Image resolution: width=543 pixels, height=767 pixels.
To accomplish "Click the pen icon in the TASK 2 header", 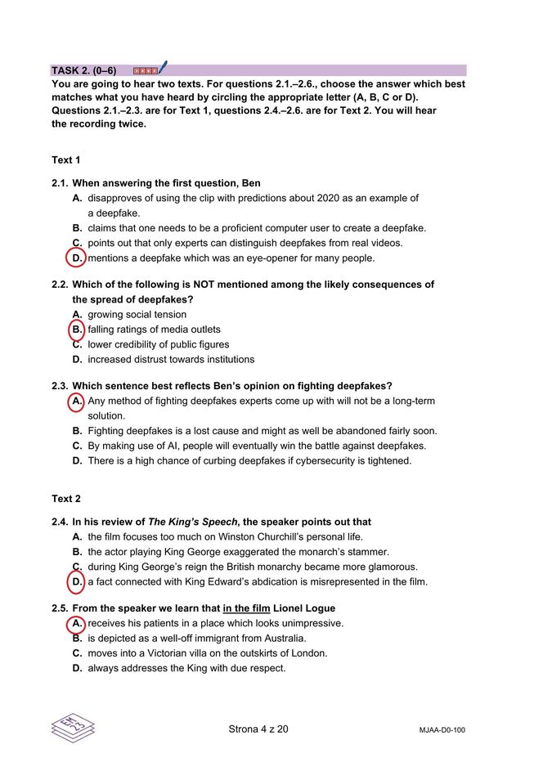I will pyautogui.click(x=163, y=67).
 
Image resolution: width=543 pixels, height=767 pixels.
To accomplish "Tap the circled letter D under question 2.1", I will pyautogui.click(x=76, y=258).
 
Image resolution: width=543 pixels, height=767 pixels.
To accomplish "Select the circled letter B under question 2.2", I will pyautogui.click(x=76, y=330).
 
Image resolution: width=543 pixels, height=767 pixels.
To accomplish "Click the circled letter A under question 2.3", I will pyautogui.click(x=76, y=401).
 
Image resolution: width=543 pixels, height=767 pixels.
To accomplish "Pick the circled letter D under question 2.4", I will pyautogui.click(x=76, y=582).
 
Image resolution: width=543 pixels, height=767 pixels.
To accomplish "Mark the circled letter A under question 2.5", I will pyautogui.click(x=76, y=623).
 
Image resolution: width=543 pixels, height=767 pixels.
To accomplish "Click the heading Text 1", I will pyautogui.click(x=66, y=160).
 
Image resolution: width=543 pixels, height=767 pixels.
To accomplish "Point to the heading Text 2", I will pyautogui.click(x=66, y=499).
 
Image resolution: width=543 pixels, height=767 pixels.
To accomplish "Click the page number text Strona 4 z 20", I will pyautogui.click(x=258, y=729).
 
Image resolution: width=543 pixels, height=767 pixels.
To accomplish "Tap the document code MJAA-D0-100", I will pyautogui.click(x=436, y=730).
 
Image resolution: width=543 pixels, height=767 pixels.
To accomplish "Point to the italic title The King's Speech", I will pyautogui.click(x=192, y=522).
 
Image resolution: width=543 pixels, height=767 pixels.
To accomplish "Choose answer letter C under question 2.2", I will pyautogui.click(x=77, y=344).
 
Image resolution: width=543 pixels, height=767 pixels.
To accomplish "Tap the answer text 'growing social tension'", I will pyautogui.click(x=137, y=315).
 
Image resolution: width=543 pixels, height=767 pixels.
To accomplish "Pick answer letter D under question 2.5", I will pyautogui.click(x=77, y=668).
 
